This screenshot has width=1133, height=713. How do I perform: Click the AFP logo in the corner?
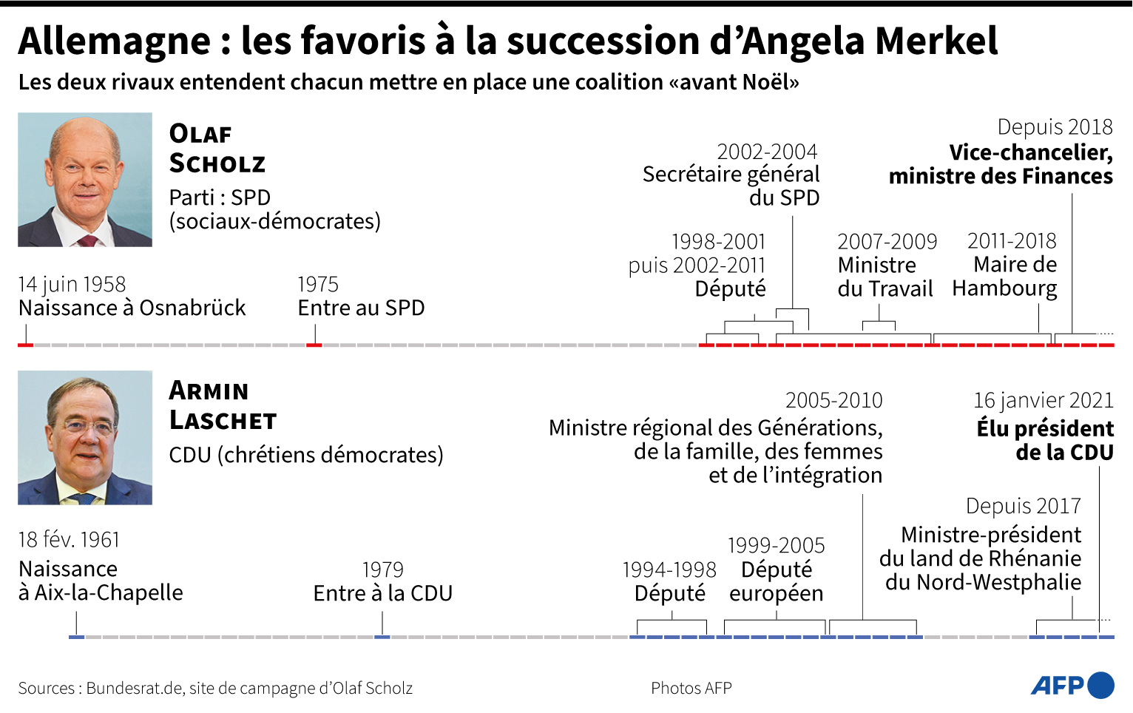(x=1072, y=686)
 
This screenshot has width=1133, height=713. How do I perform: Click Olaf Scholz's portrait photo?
(x=85, y=180)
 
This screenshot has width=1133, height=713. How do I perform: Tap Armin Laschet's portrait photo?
(x=85, y=437)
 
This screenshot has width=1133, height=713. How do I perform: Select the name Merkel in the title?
(x=936, y=41)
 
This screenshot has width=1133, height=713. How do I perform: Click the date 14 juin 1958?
(x=72, y=284)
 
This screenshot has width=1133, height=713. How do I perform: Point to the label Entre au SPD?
(x=361, y=308)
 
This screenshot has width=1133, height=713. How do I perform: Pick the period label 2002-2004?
(x=767, y=152)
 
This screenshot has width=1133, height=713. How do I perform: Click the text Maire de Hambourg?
(x=1004, y=277)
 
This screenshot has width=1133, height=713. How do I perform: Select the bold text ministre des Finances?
(x=1001, y=177)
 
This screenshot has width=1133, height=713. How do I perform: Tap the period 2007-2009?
(x=887, y=241)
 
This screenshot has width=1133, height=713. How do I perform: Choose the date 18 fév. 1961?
(x=69, y=539)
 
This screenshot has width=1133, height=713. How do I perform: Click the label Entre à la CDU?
(x=383, y=593)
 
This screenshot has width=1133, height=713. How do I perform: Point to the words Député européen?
(x=777, y=581)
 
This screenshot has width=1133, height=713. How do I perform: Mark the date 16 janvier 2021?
(x=1044, y=400)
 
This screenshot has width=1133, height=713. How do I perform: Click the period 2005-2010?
(x=834, y=400)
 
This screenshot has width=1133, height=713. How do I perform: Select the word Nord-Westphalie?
(x=998, y=582)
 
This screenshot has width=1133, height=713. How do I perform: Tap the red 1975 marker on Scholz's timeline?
(x=314, y=345)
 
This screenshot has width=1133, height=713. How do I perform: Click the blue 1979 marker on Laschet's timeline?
(x=382, y=637)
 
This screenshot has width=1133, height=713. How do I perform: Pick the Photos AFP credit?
(x=691, y=688)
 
